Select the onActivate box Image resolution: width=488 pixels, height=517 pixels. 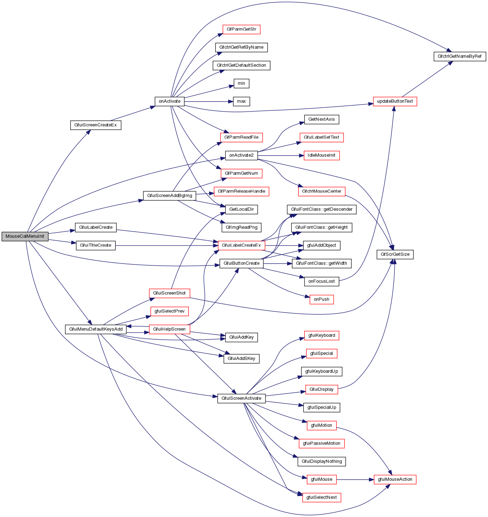pos(170,101)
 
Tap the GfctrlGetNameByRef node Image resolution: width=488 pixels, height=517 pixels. pos(460,56)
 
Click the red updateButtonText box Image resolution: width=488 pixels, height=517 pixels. pos(395,101)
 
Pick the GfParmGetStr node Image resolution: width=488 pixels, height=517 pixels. pos(241,29)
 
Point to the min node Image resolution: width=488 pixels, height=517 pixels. pos(241,84)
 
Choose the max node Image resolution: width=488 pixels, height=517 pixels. pos(241,101)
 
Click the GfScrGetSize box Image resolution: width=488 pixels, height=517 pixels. pos(395,254)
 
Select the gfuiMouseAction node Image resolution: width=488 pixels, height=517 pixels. pos(395,479)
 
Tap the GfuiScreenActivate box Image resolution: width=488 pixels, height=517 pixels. pos(241,398)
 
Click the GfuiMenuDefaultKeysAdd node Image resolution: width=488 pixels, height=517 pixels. pos(96,329)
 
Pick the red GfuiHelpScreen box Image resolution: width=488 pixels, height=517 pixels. pos(169,329)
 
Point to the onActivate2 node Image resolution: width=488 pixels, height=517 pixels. pos(241,155)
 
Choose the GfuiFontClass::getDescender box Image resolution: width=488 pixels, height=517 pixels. pos(322,209)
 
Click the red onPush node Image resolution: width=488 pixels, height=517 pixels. pos(322,300)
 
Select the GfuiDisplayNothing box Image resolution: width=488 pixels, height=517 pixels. pos(322,462)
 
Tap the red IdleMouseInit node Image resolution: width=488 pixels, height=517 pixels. pos(322,155)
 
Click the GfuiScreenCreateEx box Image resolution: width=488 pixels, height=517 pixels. pos(96,125)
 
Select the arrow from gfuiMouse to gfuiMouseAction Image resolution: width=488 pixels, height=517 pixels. pos(355,480)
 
